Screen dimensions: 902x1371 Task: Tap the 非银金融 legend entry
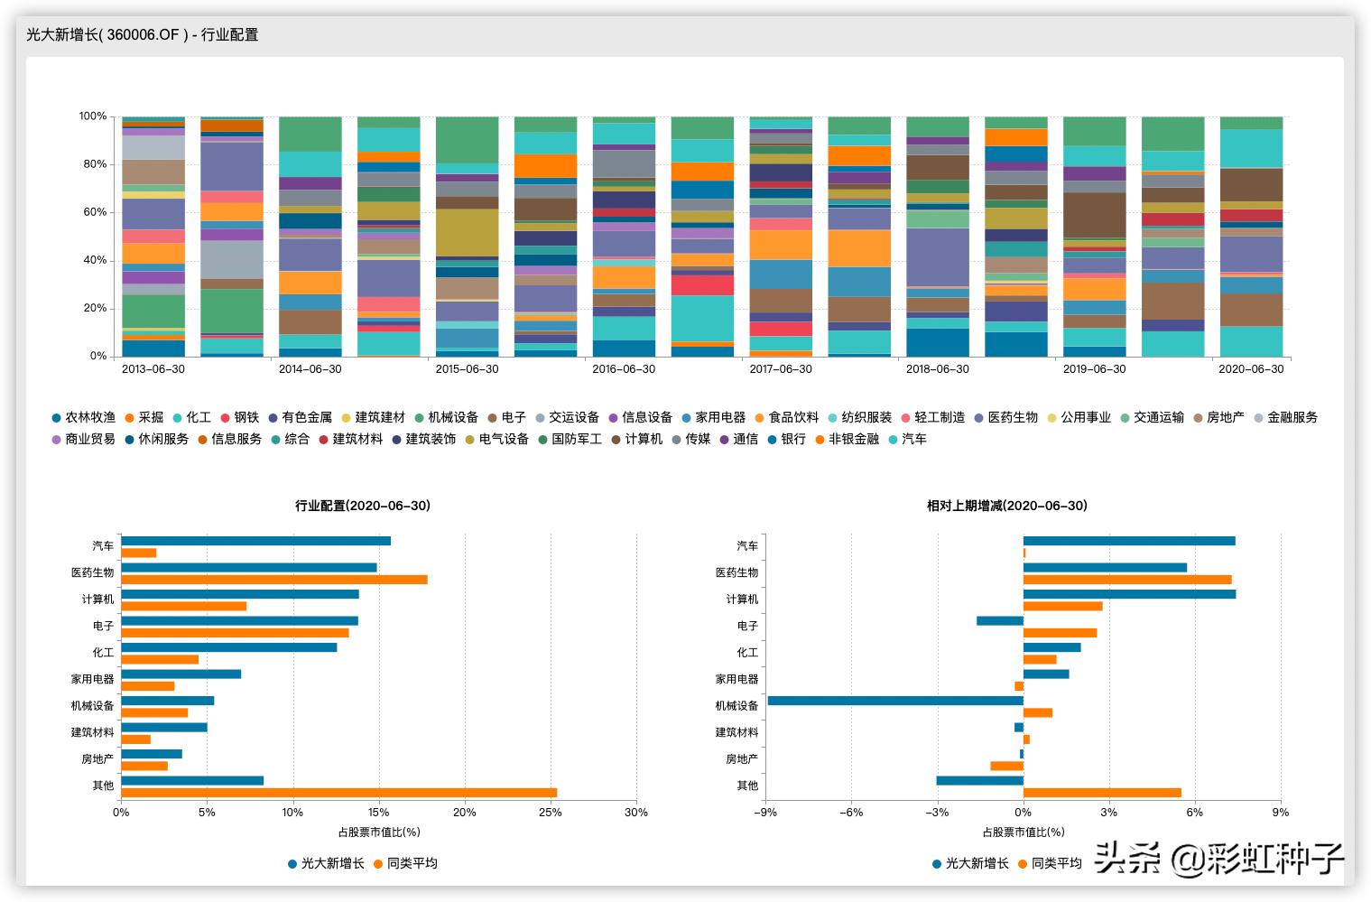[853, 440]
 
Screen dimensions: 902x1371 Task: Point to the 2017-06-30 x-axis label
[781, 369]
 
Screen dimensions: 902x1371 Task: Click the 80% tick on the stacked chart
[93, 164]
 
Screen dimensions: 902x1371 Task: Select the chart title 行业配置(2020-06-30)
[363, 506]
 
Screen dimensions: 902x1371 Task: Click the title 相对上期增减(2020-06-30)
[1006, 506]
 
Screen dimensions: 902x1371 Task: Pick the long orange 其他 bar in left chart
[338, 793]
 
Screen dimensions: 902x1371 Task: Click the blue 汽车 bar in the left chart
[255, 541]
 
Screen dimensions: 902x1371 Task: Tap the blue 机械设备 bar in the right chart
[895, 701]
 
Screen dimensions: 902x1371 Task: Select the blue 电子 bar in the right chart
[1000, 620]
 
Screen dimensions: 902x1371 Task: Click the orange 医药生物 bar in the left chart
[273, 580]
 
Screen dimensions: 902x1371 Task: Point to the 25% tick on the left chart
[551, 813]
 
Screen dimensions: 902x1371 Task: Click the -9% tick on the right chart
[765, 813]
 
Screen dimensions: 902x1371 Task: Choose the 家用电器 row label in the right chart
[736, 679]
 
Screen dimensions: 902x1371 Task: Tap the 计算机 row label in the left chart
[97, 599]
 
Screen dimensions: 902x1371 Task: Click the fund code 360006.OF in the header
[144, 35]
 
